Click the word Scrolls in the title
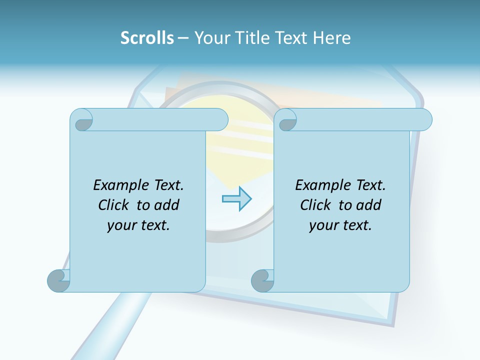(147, 38)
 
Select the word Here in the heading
(332, 38)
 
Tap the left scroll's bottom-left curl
(59, 280)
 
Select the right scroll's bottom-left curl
(262, 280)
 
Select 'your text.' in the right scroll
(340, 225)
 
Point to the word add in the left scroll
(166, 205)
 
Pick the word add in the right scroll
(368, 205)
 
